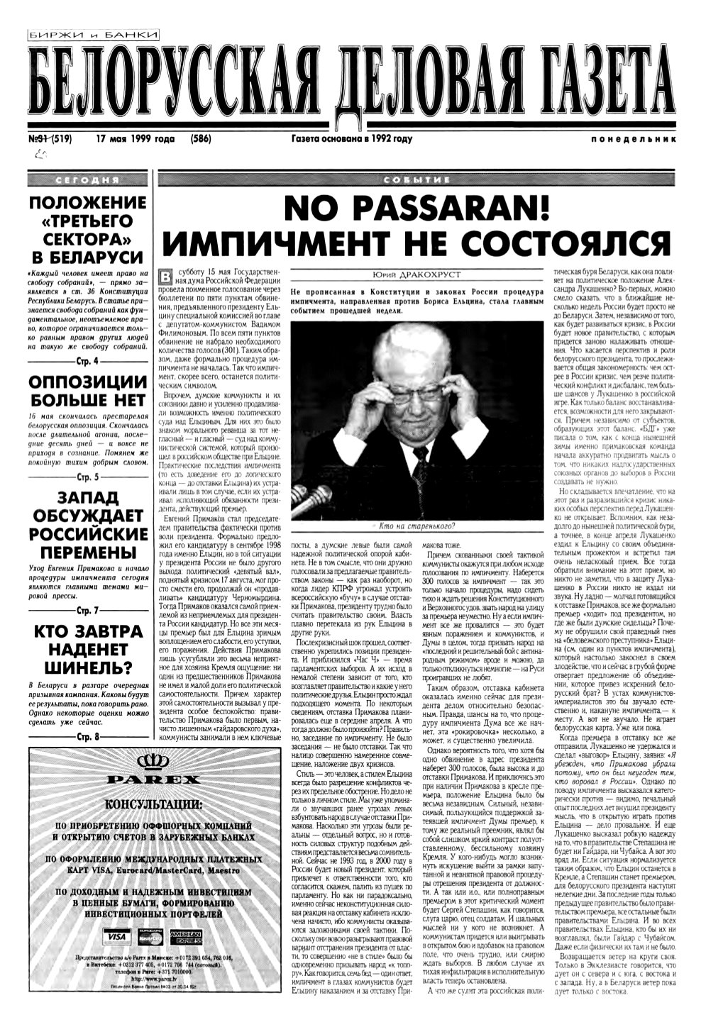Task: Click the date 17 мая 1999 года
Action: pyautogui.click(x=136, y=139)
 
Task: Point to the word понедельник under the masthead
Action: pyautogui.click(x=631, y=140)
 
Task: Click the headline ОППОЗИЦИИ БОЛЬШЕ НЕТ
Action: pyautogui.click(x=86, y=391)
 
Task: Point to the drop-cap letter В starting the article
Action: pyautogui.click(x=166, y=276)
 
